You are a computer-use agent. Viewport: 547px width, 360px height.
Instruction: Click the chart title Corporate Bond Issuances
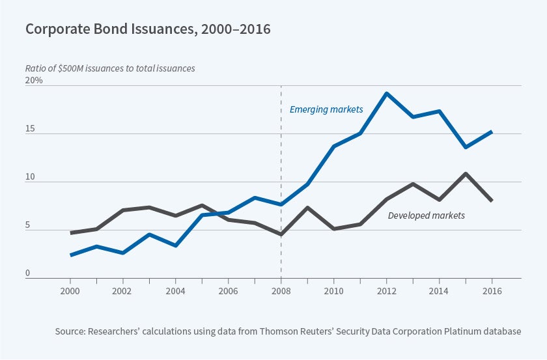coord(148,29)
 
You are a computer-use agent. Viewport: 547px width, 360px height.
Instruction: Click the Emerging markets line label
coord(326,109)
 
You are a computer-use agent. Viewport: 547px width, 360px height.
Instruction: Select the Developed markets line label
coord(426,215)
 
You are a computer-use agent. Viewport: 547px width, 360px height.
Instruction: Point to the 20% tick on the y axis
coord(34,81)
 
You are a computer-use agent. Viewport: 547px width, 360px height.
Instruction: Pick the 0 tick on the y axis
coord(28,274)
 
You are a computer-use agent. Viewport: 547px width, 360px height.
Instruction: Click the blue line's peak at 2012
coord(386,93)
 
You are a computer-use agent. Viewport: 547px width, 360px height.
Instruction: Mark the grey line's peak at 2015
coord(466,174)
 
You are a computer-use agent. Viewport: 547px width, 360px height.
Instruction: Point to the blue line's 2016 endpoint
coord(492,132)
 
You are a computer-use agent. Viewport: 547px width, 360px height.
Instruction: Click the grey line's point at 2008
coord(281,234)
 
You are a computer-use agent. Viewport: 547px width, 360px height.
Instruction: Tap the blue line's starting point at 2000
coord(70,255)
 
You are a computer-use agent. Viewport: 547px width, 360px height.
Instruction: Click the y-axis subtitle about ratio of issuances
coord(109,68)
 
